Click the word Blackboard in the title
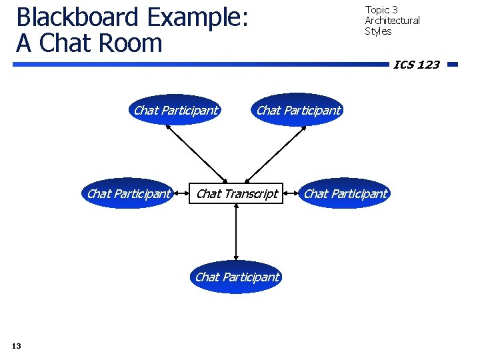click(77, 17)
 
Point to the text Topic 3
click(381, 9)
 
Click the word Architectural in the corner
click(392, 21)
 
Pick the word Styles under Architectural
click(378, 31)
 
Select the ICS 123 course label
click(416, 65)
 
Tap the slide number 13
click(17, 345)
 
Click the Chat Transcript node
click(237, 194)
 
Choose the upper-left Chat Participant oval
click(175, 111)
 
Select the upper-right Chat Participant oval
click(298, 111)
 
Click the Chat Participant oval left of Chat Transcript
click(129, 194)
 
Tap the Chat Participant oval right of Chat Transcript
click(345, 194)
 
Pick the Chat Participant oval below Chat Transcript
click(237, 277)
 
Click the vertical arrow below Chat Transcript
click(237, 233)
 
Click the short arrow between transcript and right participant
click(291, 195)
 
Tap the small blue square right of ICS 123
click(452, 65)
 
